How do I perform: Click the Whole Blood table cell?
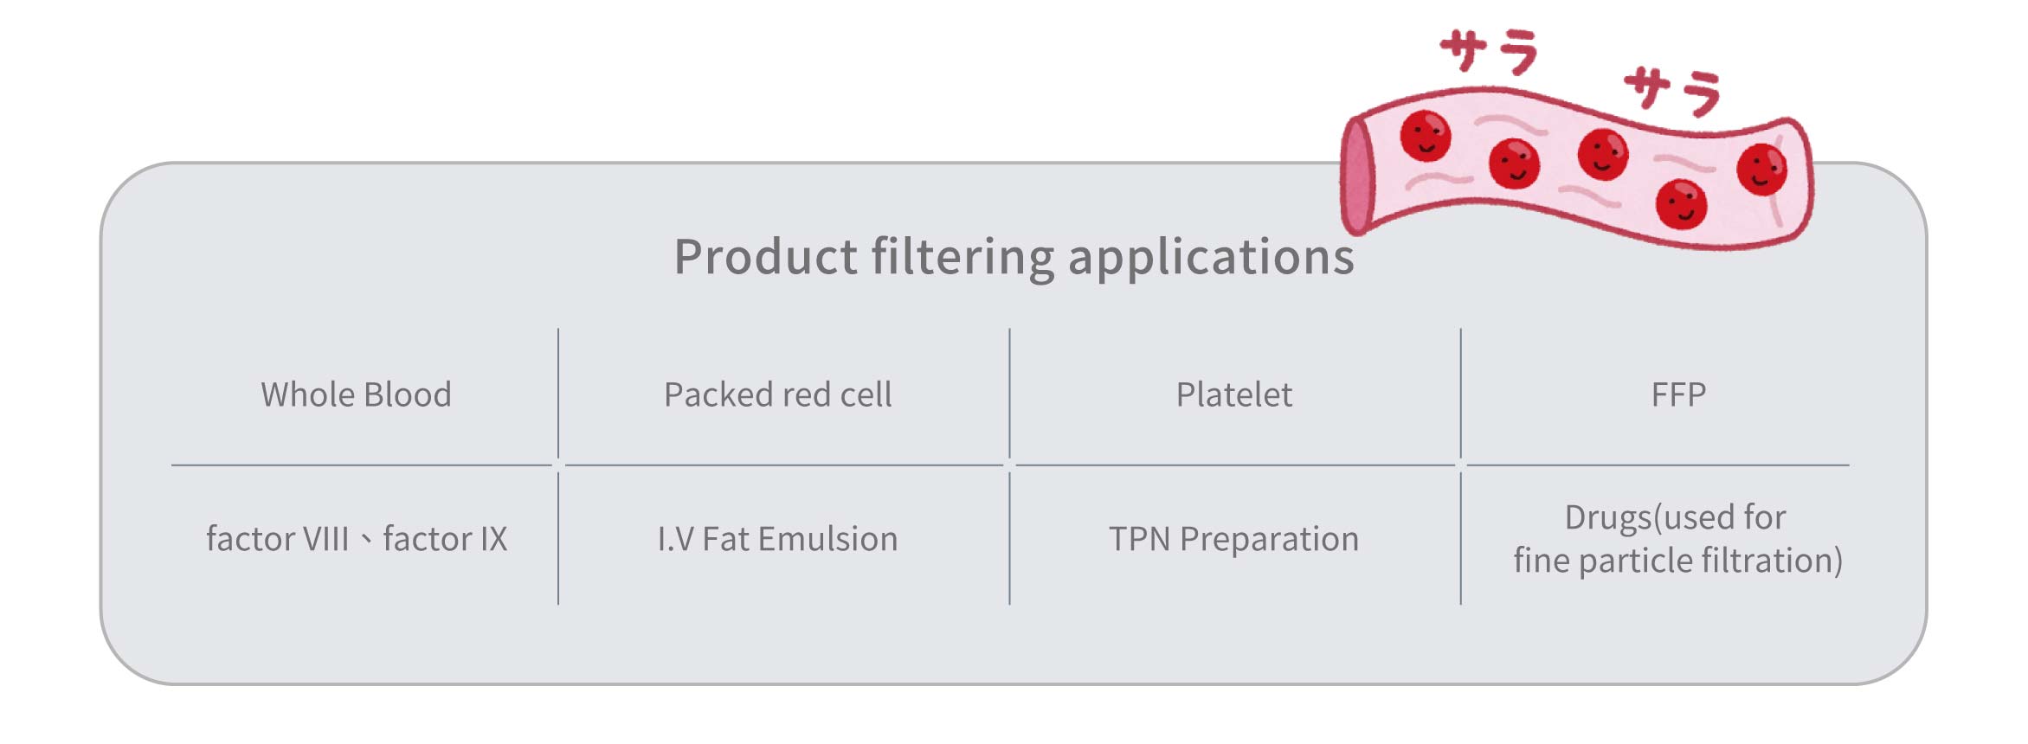coord(356,394)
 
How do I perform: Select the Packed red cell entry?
coord(777,394)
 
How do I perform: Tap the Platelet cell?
coord(1233,394)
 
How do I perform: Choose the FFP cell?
coord(1678,394)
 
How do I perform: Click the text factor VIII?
coord(277,539)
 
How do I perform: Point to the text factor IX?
coord(445,539)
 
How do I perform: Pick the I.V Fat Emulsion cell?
coord(777,539)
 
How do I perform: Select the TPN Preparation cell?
coord(1233,539)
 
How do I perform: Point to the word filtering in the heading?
coord(962,257)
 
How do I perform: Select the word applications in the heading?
coord(1211,257)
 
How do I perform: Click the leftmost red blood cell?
coord(1426,136)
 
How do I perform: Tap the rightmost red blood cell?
coord(1761,170)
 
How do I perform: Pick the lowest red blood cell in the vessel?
coord(1681,204)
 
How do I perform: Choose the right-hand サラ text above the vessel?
coord(1672,90)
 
